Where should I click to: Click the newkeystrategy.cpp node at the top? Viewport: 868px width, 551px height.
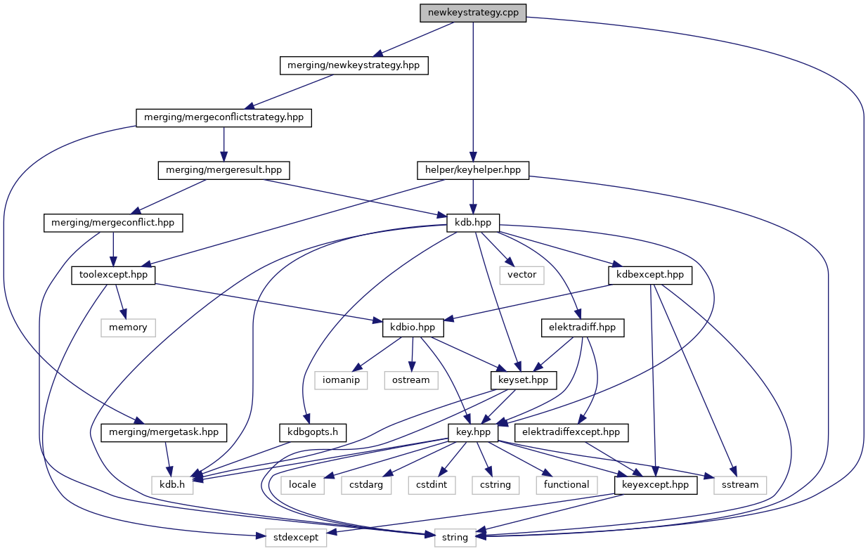[x=473, y=13]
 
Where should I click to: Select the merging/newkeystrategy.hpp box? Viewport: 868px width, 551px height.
[x=354, y=65]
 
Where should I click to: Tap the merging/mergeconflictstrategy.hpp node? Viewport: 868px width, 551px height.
[x=224, y=117]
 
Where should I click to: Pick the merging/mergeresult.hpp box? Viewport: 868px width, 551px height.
[x=224, y=170]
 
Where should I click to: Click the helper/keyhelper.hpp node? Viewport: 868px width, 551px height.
[x=473, y=170]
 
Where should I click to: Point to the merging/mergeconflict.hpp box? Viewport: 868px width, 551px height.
[x=113, y=223]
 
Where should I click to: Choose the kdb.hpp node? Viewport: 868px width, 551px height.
[x=473, y=223]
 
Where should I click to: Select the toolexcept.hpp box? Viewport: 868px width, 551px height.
[x=113, y=275]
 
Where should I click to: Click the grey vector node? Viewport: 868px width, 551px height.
[x=522, y=275]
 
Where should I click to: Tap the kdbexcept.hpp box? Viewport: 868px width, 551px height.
[x=649, y=275]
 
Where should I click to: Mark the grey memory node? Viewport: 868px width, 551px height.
[x=128, y=328]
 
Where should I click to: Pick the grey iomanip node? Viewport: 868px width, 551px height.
[x=342, y=380]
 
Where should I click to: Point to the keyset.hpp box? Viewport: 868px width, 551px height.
[x=523, y=380]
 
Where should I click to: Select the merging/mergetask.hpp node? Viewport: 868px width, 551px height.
[x=164, y=432]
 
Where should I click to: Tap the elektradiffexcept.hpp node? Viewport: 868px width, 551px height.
[x=571, y=432]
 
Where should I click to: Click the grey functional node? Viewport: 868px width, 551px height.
[x=566, y=485]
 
